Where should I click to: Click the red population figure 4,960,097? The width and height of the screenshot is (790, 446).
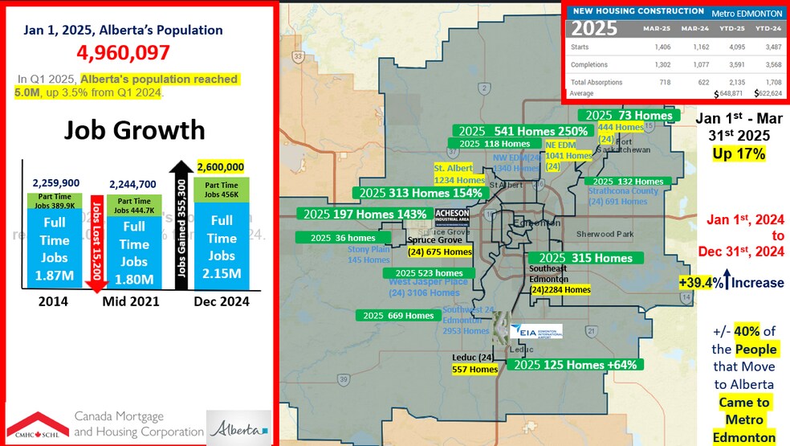(x=123, y=53)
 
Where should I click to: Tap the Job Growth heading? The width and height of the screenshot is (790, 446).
(x=134, y=130)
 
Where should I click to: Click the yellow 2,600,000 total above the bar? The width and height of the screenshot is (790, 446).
(x=219, y=166)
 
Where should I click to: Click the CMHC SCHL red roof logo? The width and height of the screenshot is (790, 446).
(x=38, y=424)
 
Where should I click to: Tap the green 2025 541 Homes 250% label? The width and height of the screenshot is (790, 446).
(x=523, y=130)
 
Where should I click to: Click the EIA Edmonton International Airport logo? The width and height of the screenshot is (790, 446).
(x=540, y=331)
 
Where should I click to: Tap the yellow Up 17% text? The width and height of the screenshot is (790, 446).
(x=737, y=153)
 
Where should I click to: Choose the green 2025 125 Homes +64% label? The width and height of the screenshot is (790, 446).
(x=575, y=365)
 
